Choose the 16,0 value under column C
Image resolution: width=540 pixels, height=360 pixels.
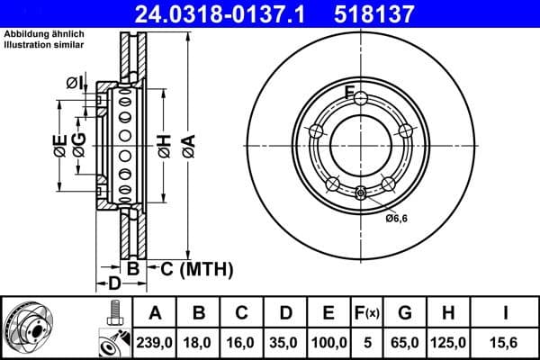coord(242,343)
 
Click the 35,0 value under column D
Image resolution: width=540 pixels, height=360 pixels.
coord(285,343)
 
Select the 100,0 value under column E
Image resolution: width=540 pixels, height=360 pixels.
coord(329,343)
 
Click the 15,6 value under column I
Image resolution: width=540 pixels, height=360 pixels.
coord(505,343)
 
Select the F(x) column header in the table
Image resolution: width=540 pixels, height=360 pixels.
coord(369,313)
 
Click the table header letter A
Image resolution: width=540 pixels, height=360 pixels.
coord(156,313)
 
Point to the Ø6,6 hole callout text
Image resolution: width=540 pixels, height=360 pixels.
coord(397,218)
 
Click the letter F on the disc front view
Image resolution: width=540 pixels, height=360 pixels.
coord(350,91)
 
